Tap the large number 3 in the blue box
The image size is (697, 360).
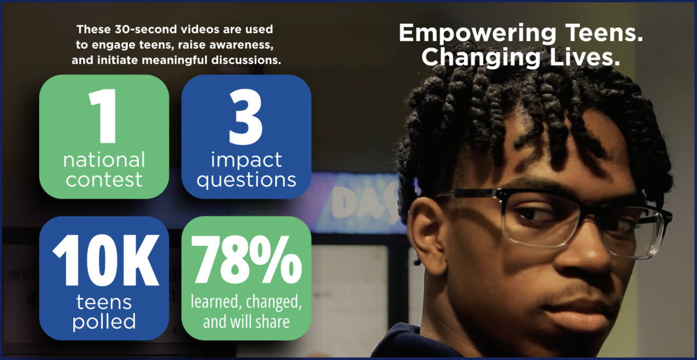pos(246,117)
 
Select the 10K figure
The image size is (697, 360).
pos(106,260)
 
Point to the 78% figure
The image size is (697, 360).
pos(246,260)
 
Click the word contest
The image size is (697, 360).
pos(104,179)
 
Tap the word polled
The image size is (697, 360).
pos(104,322)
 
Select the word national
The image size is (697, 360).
pos(104,160)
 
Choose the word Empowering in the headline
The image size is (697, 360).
pos(477,34)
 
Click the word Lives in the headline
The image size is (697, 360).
pos(585,57)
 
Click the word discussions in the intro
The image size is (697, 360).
pos(246,60)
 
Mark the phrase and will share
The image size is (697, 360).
pos(246,322)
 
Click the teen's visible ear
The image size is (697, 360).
pos(427,231)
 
